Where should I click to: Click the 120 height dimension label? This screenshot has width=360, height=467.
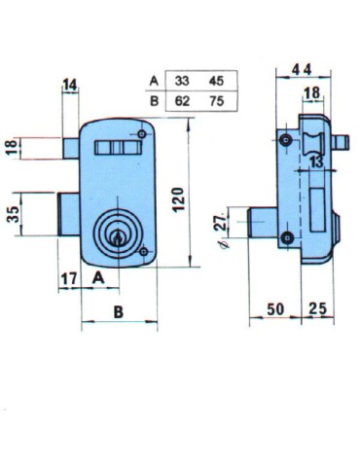coord(178,199)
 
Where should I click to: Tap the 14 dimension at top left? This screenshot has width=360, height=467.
coord(70,85)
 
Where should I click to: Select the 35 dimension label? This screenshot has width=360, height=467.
coord(14,214)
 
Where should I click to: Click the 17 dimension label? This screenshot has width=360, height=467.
coord(69,278)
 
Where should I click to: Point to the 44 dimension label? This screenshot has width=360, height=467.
coord(302,70)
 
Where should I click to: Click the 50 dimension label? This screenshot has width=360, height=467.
coord(275,309)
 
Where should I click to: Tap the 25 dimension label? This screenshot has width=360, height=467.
coord(318,308)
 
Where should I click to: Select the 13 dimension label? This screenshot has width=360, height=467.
coord(316,162)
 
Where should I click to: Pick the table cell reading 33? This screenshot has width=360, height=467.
coord(182,81)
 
